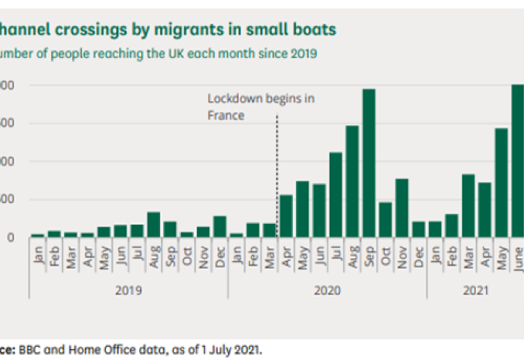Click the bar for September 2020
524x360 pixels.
(x=369, y=163)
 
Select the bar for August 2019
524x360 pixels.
(x=153, y=225)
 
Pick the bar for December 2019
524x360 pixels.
(x=219, y=226)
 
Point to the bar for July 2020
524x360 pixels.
(x=336, y=194)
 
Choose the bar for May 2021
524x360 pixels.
(x=501, y=183)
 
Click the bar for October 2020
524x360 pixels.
(x=386, y=219)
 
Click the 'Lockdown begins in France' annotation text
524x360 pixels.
(x=261, y=107)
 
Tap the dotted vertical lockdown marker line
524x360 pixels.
(x=277, y=177)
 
